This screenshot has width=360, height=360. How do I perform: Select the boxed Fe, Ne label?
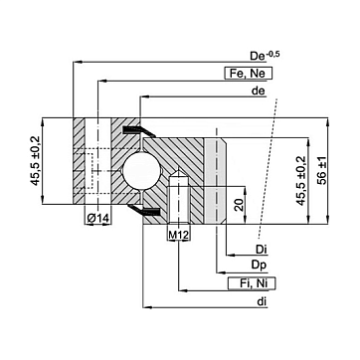click(x=248, y=74)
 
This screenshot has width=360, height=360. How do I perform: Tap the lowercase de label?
click(x=259, y=90)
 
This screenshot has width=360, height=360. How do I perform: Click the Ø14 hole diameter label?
click(x=97, y=218)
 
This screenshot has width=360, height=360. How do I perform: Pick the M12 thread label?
click(x=179, y=235)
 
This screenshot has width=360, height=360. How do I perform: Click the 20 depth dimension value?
click(x=238, y=205)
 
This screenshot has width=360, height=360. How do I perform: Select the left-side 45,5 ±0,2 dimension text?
click(x=36, y=161)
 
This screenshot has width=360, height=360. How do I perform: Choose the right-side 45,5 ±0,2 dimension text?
click(x=301, y=181)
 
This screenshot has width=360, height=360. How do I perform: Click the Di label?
click(x=262, y=250)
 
